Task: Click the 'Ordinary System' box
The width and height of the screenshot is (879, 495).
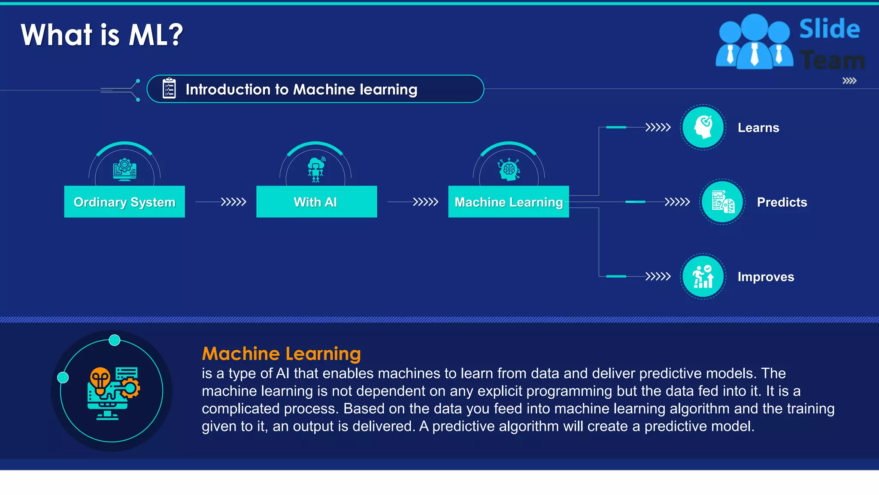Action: [124, 202]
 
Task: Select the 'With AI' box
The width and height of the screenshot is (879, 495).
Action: [316, 202]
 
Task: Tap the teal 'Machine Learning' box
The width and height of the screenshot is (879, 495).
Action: [509, 202]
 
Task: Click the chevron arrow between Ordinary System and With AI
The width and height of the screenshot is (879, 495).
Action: [233, 202]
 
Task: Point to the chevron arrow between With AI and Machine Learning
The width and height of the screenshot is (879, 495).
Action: [425, 202]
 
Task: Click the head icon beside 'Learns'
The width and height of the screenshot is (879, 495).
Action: [703, 127]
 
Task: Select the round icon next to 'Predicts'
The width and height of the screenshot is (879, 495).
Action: [722, 202]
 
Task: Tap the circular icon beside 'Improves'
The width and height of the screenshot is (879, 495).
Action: [703, 276]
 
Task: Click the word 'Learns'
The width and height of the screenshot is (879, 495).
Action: [758, 128]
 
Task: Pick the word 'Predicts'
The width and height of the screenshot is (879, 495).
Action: [782, 202]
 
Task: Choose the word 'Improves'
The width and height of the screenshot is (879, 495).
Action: [766, 277]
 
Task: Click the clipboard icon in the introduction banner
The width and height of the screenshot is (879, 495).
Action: [169, 89]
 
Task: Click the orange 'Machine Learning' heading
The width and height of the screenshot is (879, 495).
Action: [281, 354]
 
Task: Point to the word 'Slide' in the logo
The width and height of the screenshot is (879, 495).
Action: [829, 29]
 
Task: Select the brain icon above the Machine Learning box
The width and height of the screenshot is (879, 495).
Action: [509, 169]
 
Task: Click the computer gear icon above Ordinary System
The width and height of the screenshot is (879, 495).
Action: [124, 169]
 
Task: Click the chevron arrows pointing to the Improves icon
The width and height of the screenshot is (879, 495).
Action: [658, 276]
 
